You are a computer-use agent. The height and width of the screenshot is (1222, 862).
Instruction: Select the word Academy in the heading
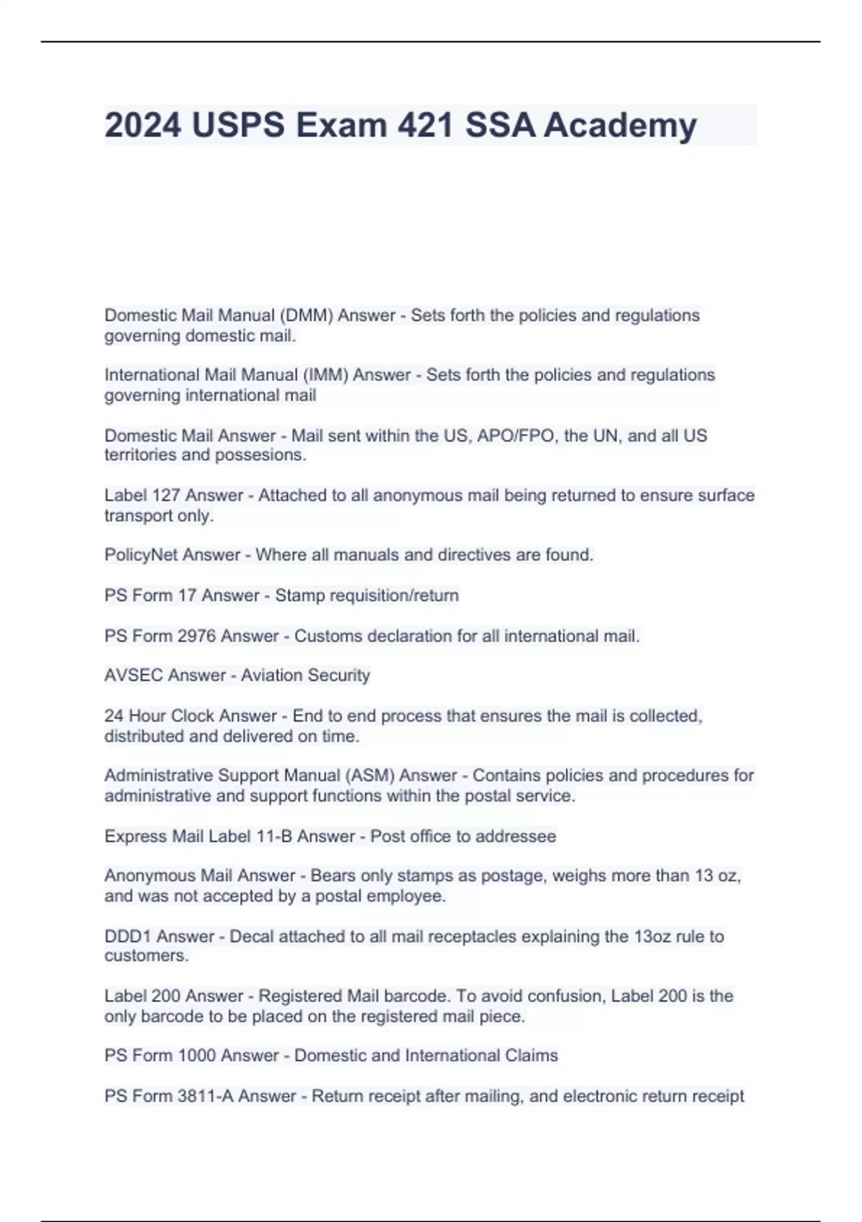(620, 125)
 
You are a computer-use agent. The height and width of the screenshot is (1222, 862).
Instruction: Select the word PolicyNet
(142, 555)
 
